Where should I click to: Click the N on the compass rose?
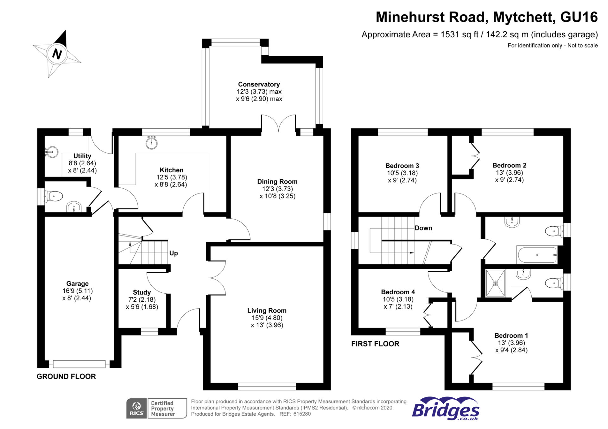point(57,54)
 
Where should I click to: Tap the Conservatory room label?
point(259,84)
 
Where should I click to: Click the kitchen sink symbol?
point(152,143)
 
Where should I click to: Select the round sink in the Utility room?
point(52,152)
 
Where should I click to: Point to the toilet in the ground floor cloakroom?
point(54,196)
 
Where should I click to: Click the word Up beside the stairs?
point(174,253)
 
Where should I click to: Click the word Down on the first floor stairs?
point(423,228)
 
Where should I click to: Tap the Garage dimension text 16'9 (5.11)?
point(78,291)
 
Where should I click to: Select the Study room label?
point(142,292)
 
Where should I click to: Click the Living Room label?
point(267,311)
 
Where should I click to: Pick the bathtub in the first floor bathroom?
point(537,255)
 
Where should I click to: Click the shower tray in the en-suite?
point(495,283)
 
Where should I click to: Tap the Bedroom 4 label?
point(398,292)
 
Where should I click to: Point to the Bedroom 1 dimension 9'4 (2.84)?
point(511,350)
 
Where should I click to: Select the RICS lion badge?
point(136,408)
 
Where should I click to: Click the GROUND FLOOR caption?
point(66,377)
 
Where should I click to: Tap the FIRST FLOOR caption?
point(375,344)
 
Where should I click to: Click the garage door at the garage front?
point(79,364)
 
